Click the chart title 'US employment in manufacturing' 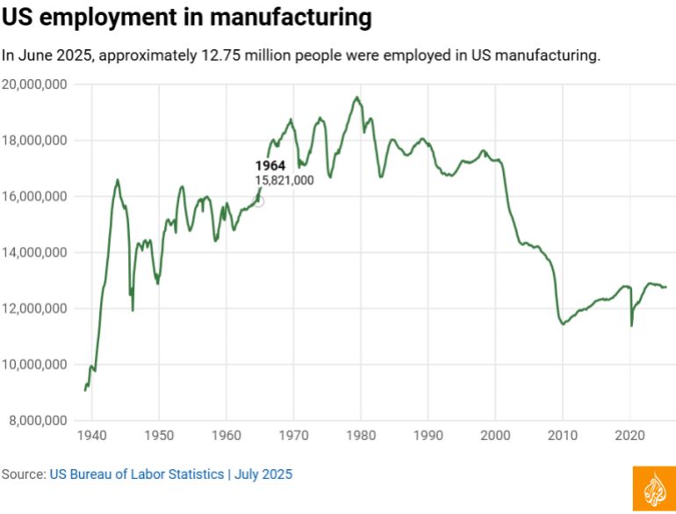tap(186, 18)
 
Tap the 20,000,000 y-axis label tap(37, 84)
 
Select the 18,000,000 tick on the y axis tap(37, 141)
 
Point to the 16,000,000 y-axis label tap(37, 197)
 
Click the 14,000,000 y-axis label tap(37, 253)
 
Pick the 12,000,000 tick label tap(37, 309)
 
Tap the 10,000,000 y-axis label tap(37, 365)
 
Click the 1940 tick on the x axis tap(91, 436)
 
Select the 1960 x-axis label tap(226, 436)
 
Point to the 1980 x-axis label tap(360, 436)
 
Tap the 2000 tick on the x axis tap(495, 436)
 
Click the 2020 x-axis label tap(629, 436)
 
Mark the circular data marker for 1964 tap(259, 201)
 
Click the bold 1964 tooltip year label tap(270, 166)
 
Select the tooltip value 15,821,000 tap(284, 180)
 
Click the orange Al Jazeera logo tap(654, 489)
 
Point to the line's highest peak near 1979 tap(356, 98)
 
